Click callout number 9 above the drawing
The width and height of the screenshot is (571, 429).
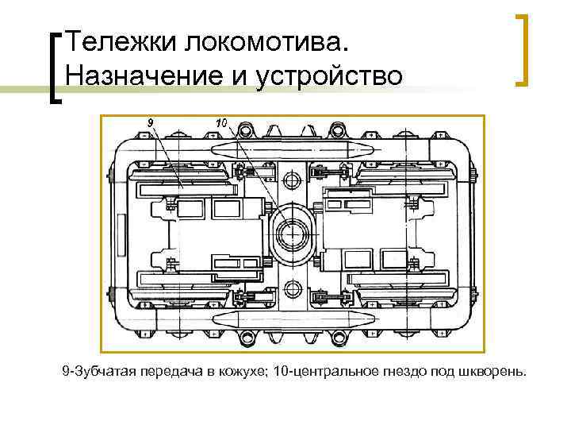(150, 122)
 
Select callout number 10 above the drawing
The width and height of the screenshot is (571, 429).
(221, 122)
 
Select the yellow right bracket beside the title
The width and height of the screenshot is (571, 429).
(523, 49)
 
